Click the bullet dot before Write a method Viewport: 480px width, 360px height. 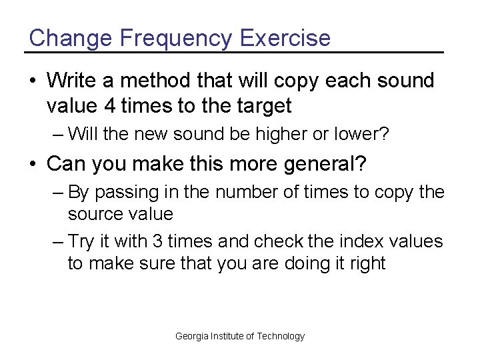click(x=33, y=81)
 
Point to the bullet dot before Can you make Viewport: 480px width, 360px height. click(x=33, y=163)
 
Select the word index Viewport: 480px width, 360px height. click(x=359, y=241)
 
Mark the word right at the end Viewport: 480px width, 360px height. click(x=365, y=263)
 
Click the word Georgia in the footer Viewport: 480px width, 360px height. click(x=191, y=336)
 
